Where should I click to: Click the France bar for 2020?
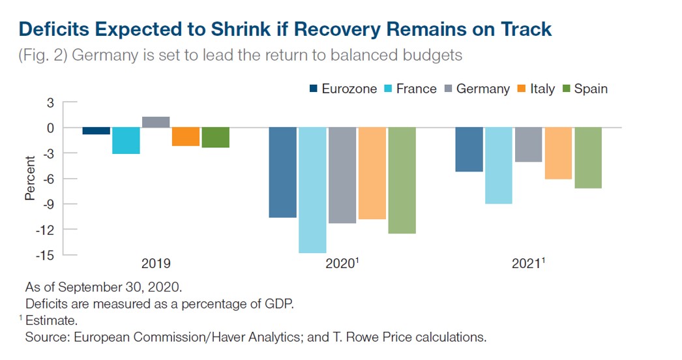click(312, 190)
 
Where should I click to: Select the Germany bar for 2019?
click(156, 122)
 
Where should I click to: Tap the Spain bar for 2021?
click(587, 158)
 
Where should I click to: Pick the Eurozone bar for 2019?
click(96, 131)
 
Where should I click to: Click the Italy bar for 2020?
click(372, 173)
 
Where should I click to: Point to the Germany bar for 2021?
click(528, 145)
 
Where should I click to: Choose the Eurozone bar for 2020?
click(282, 172)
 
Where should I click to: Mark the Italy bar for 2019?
click(186, 136)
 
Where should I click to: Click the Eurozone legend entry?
click(342, 89)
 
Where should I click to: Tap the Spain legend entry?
click(584, 89)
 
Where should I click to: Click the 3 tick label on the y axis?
click(50, 102)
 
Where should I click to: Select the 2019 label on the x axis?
click(156, 264)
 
